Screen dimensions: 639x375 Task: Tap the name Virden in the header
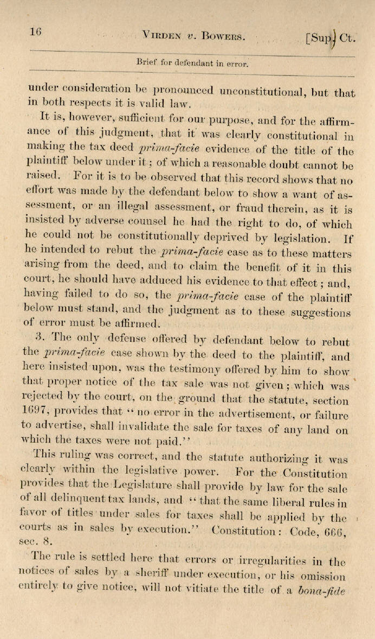(160, 37)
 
